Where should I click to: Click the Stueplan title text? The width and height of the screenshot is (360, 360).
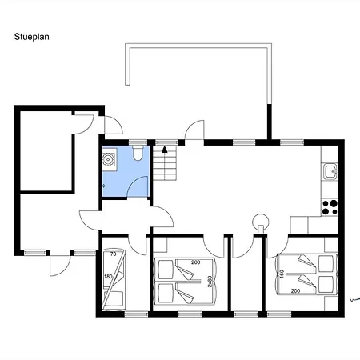[x=31, y=37]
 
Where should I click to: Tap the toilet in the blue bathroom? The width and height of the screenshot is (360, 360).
[x=138, y=153]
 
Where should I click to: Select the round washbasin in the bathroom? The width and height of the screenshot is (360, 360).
[x=108, y=159]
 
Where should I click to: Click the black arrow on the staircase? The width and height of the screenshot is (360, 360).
[x=165, y=150]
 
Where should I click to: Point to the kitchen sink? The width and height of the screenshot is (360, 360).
[x=330, y=171]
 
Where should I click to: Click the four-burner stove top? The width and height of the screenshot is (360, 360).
[x=330, y=207]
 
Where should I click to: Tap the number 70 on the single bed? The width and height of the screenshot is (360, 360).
[x=114, y=254]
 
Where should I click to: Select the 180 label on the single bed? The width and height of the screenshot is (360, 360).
[x=108, y=277]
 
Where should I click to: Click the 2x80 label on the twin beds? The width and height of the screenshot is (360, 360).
[x=210, y=282]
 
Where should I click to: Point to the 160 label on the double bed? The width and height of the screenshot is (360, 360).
[x=282, y=274]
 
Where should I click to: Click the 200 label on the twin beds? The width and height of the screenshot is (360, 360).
[x=195, y=262]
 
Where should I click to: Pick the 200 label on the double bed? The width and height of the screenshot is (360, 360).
[x=295, y=291]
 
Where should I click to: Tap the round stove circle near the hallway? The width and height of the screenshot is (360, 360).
[x=261, y=222]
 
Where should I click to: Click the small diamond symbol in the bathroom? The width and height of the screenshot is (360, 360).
[x=104, y=186]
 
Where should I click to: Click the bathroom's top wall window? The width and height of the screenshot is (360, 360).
[x=138, y=142]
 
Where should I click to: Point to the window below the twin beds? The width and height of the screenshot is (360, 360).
[x=190, y=314]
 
